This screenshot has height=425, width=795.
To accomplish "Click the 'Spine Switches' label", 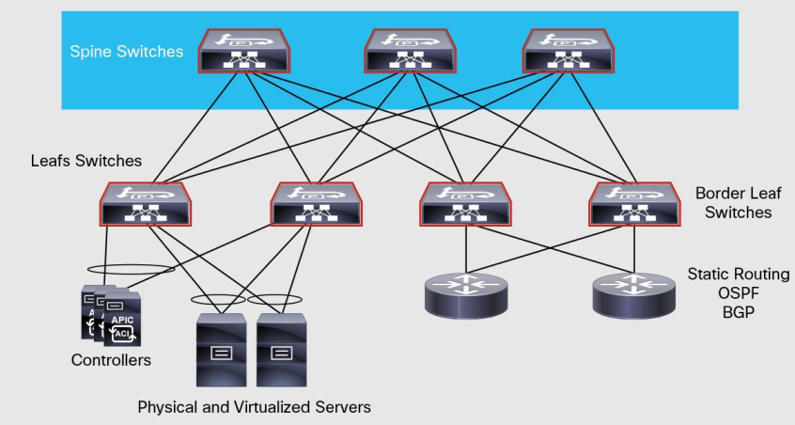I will pos(127,52).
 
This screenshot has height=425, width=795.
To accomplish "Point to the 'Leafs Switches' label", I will pos(86,161).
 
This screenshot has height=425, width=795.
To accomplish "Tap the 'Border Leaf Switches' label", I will pos(733,203).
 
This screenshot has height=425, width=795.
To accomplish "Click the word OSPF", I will pos(738,292).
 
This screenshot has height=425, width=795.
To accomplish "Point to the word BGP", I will pos(738,310).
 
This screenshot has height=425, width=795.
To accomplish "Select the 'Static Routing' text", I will pos(738,275).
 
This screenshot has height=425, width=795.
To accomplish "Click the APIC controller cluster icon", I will pos(111,314).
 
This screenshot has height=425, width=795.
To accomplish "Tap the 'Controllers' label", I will pos(111,360).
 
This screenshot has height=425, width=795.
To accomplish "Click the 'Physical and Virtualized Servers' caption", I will pos(254,407).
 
